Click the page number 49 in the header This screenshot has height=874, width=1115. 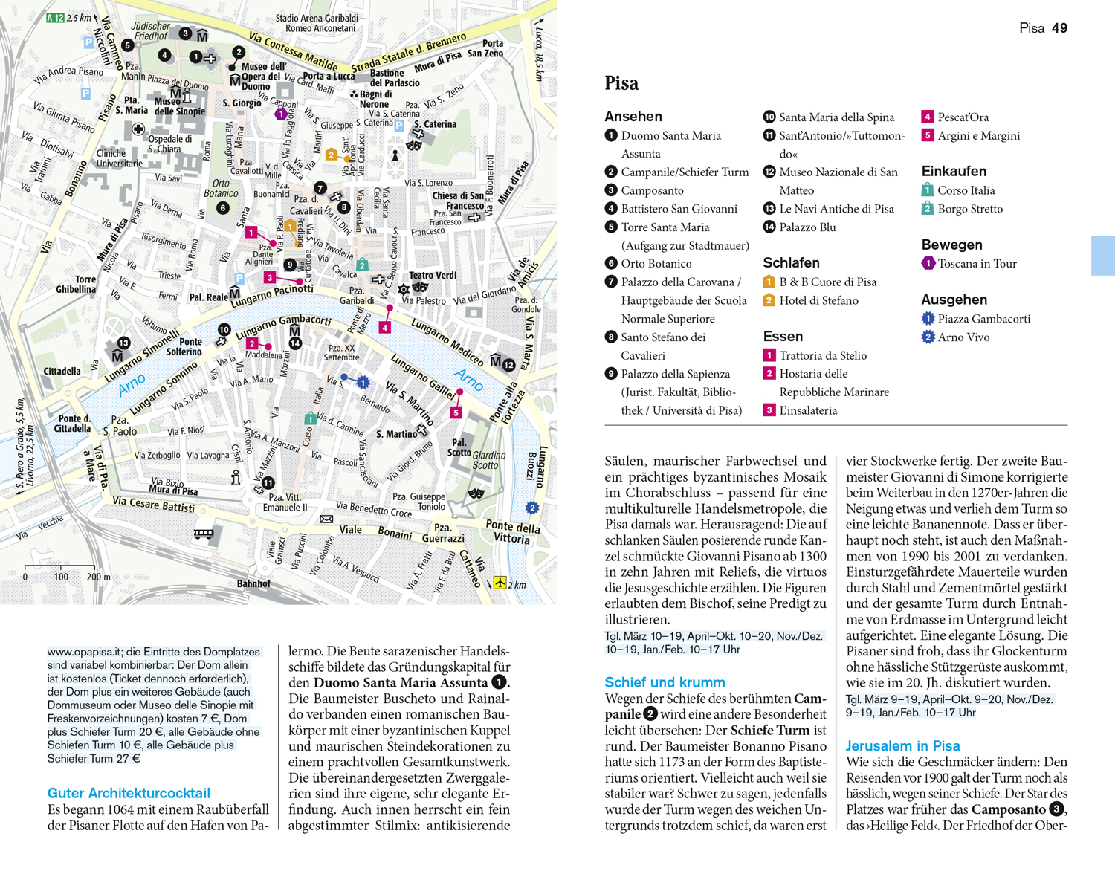[x=1059, y=28]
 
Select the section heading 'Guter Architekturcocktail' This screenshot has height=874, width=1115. [x=129, y=793]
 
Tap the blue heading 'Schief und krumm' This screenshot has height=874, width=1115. [x=665, y=682]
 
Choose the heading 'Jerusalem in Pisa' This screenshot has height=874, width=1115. [x=902, y=745]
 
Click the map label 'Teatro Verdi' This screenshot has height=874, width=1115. [x=433, y=276]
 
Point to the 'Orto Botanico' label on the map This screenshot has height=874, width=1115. [x=221, y=188]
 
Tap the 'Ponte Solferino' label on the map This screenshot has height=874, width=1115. [x=184, y=346]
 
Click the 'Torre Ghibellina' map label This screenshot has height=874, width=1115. [x=76, y=284]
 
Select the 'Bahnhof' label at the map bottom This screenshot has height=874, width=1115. [x=253, y=583]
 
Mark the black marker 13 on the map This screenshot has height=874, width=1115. [x=123, y=343]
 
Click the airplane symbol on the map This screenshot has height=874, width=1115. [x=500, y=583]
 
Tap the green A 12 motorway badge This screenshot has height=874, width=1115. [x=55, y=18]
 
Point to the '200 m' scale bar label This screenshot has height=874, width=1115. [x=97, y=577]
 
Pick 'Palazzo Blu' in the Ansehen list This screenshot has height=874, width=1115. [x=807, y=227]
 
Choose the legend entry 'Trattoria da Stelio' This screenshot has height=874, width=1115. [x=822, y=355]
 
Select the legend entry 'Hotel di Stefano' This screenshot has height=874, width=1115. [x=818, y=300]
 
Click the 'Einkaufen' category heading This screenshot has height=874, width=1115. [x=954, y=171]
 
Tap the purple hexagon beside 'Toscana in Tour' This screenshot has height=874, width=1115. [x=928, y=263]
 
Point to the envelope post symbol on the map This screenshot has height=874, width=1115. [x=326, y=519]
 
